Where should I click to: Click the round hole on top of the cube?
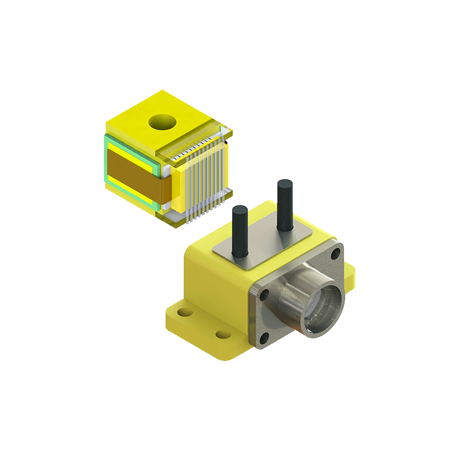161,121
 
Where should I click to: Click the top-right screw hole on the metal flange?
336,253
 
